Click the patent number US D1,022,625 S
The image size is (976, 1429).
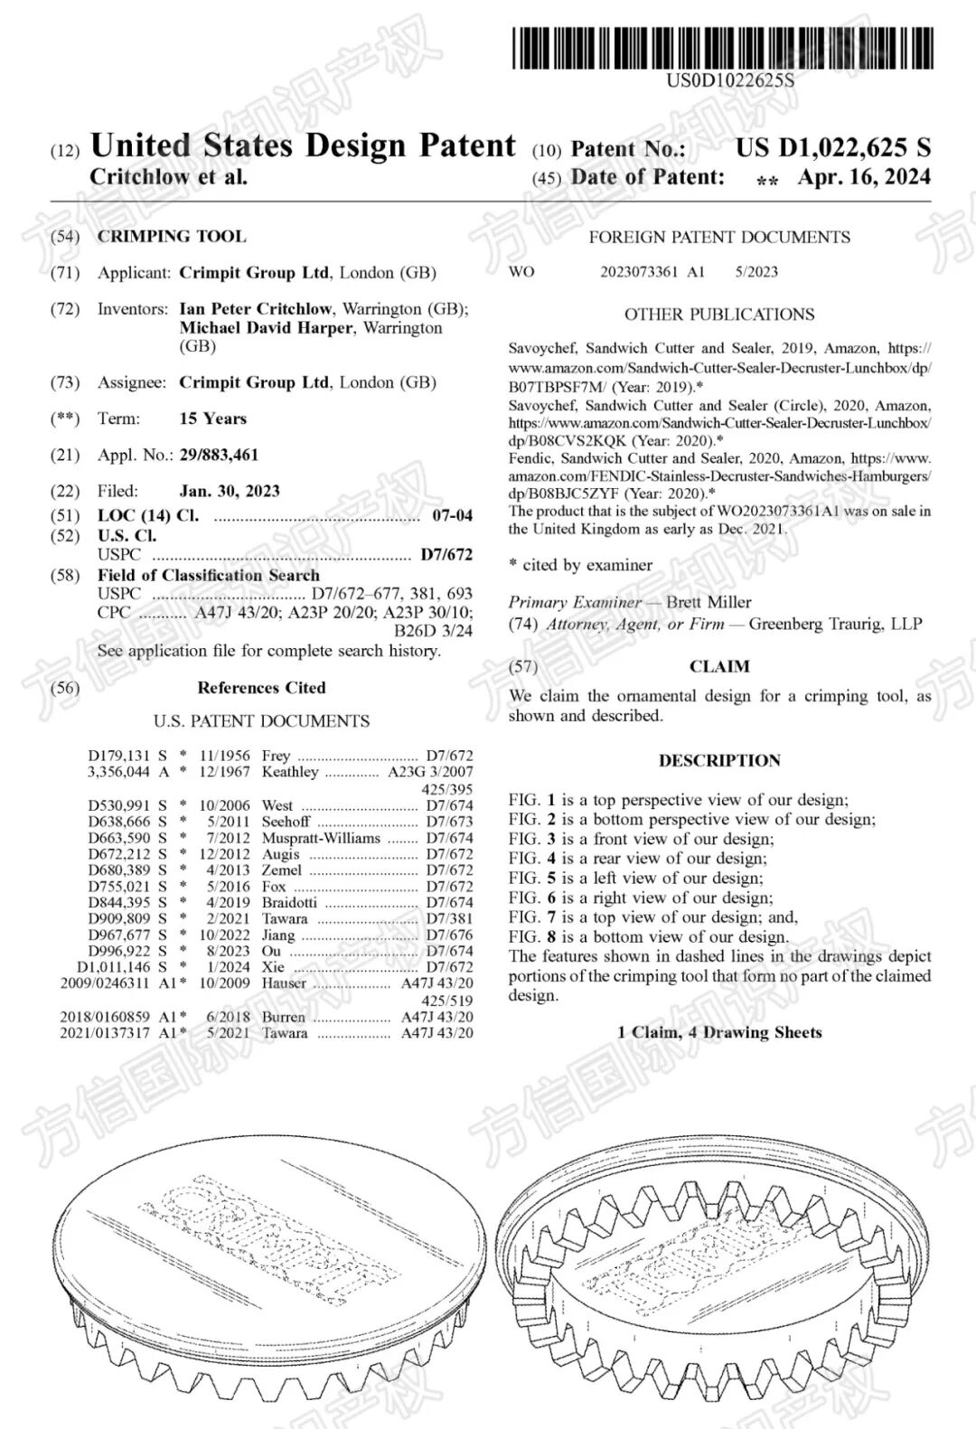832,148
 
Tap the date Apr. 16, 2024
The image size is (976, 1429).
863,177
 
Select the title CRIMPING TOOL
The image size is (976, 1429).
172,237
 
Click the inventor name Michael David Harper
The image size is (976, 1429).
269,328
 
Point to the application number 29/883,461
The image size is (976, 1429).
219,455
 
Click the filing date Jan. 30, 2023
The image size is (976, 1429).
230,491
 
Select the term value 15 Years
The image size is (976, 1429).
212,418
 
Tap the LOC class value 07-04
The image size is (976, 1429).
452,516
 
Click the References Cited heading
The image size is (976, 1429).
261,688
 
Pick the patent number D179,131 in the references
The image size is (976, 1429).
118,756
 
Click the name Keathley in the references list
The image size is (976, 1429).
290,772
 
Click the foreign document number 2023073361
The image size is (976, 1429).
639,271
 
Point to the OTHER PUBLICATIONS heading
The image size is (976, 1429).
719,315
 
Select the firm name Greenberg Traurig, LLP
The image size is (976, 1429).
835,624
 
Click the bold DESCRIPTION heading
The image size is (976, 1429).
719,761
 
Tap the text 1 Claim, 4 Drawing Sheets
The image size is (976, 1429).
719,1032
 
